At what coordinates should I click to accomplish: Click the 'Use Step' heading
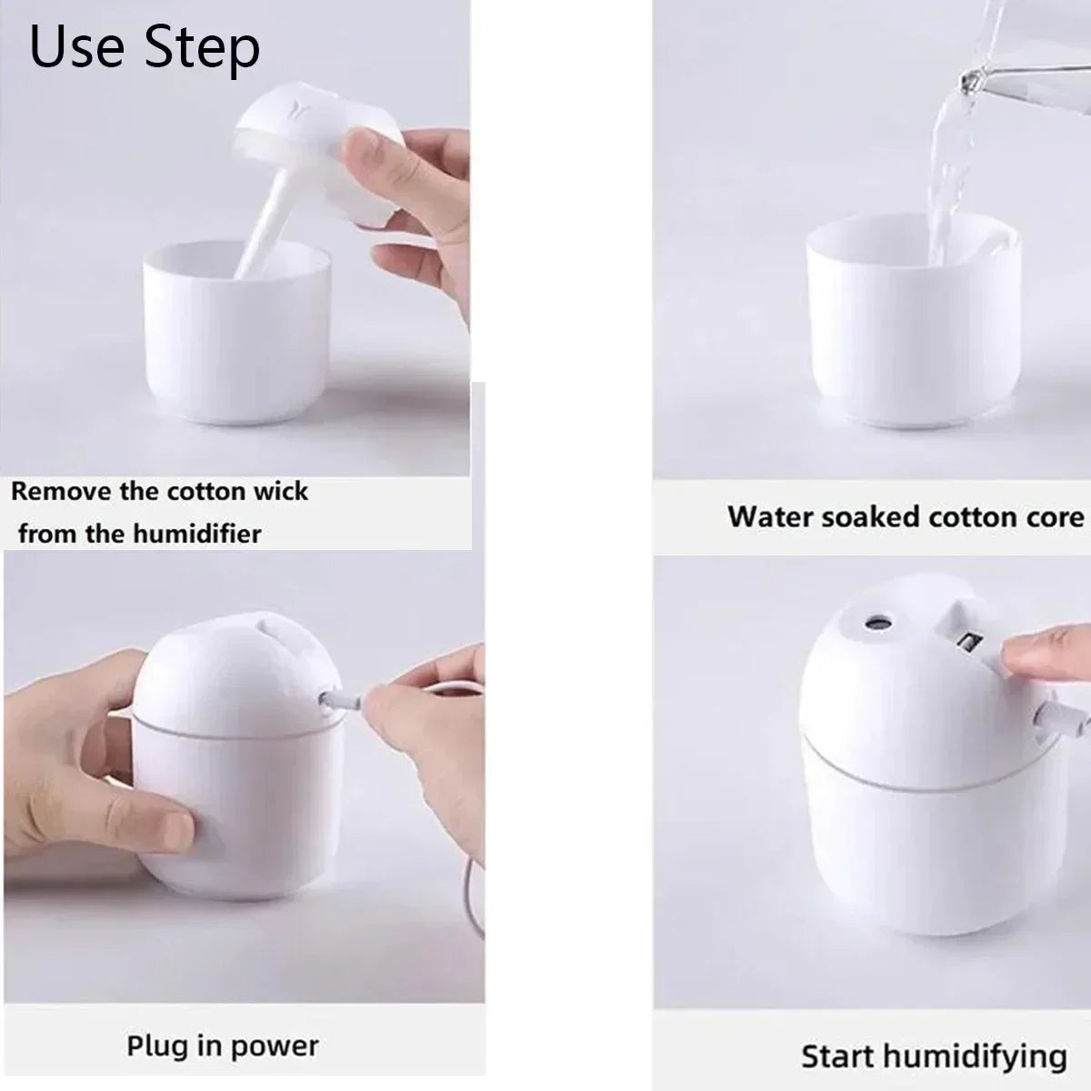tap(145, 47)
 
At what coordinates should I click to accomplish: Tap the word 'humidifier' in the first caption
tap(199, 533)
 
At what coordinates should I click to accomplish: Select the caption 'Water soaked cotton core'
tap(906, 517)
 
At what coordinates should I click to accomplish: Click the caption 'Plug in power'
tap(223, 1046)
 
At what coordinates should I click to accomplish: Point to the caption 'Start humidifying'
tap(934, 1056)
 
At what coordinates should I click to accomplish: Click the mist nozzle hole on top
tap(877, 623)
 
